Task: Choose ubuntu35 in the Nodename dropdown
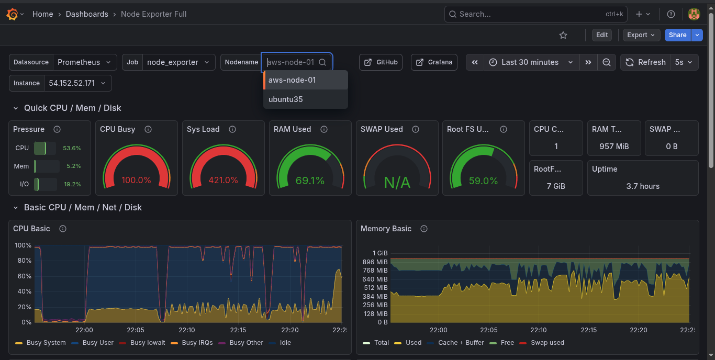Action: pos(286,99)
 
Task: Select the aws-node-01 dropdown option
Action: pos(292,80)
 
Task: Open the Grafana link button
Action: pos(434,62)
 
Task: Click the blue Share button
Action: pos(677,35)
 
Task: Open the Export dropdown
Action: pos(641,35)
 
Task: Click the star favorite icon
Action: pos(563,35)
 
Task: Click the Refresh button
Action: pos(645,62)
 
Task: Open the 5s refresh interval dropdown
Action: pos(684,62)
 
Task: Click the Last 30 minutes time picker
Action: pos(530,62)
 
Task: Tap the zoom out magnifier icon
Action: pos(607,62)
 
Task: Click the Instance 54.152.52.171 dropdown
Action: pos(76,83)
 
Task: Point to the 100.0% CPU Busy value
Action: pos(136,181)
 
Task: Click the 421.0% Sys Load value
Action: pos(223,181)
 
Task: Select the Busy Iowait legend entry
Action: pos(148,343)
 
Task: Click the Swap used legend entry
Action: pos(547,343)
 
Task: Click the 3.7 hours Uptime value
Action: pos(643,186)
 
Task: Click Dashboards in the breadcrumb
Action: pos(87,14)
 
